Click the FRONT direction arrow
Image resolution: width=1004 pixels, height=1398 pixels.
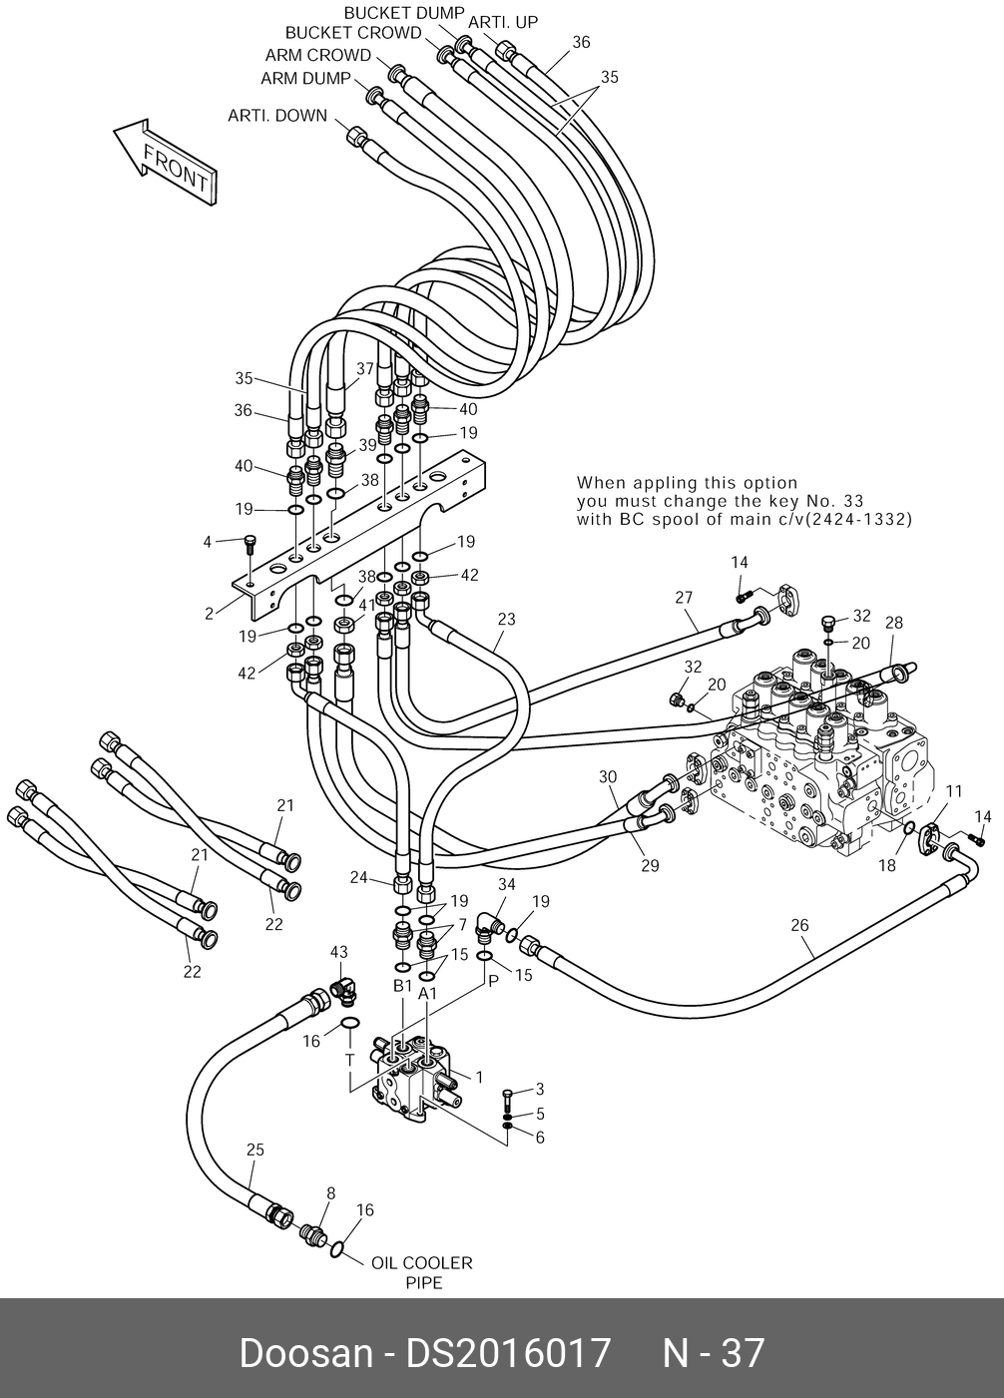pos(166,163)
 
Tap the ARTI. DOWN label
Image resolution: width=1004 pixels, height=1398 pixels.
pos(277,116)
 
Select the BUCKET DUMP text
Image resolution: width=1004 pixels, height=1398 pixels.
pos(404,13)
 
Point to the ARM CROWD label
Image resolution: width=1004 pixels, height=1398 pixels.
pos(317,56)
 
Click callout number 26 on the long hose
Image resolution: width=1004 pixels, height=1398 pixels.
pos(799,925)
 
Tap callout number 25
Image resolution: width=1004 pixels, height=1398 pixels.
pos(255,1150)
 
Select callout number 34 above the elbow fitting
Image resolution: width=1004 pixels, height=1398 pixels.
pos(506,884)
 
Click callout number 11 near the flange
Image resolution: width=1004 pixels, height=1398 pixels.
pos(954,791)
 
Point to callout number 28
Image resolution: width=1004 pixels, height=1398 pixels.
pos(894,623)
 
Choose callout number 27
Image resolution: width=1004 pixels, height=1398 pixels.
pos(684,598)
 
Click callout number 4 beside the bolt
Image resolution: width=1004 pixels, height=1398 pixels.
pos(208,542)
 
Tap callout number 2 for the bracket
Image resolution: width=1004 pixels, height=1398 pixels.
pos(210,614)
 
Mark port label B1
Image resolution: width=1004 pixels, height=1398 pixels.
pos(402,986)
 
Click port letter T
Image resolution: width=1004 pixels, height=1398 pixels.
pos(350,1061)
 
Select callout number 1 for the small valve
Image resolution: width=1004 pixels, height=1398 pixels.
pos(479,1078)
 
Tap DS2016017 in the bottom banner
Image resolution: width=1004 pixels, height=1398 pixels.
pos(508,1353)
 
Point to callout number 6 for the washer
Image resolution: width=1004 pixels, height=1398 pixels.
pos(540,1138)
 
